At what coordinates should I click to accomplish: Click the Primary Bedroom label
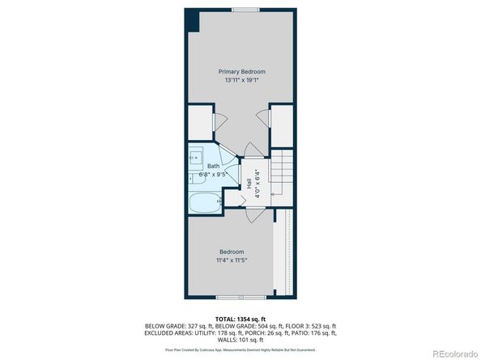tap(241, 71)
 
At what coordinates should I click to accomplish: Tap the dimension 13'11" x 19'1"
tap(241, 80)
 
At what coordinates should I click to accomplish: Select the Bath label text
tap(213, 166)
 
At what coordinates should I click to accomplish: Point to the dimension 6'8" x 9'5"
tap(214, 174)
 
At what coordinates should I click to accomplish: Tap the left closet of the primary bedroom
tap(200, 121)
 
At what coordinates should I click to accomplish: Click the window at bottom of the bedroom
tap(231, 297)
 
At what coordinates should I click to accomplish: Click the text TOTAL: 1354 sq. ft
tap(240, 319)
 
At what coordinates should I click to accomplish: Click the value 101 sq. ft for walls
tap(253, 339)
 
